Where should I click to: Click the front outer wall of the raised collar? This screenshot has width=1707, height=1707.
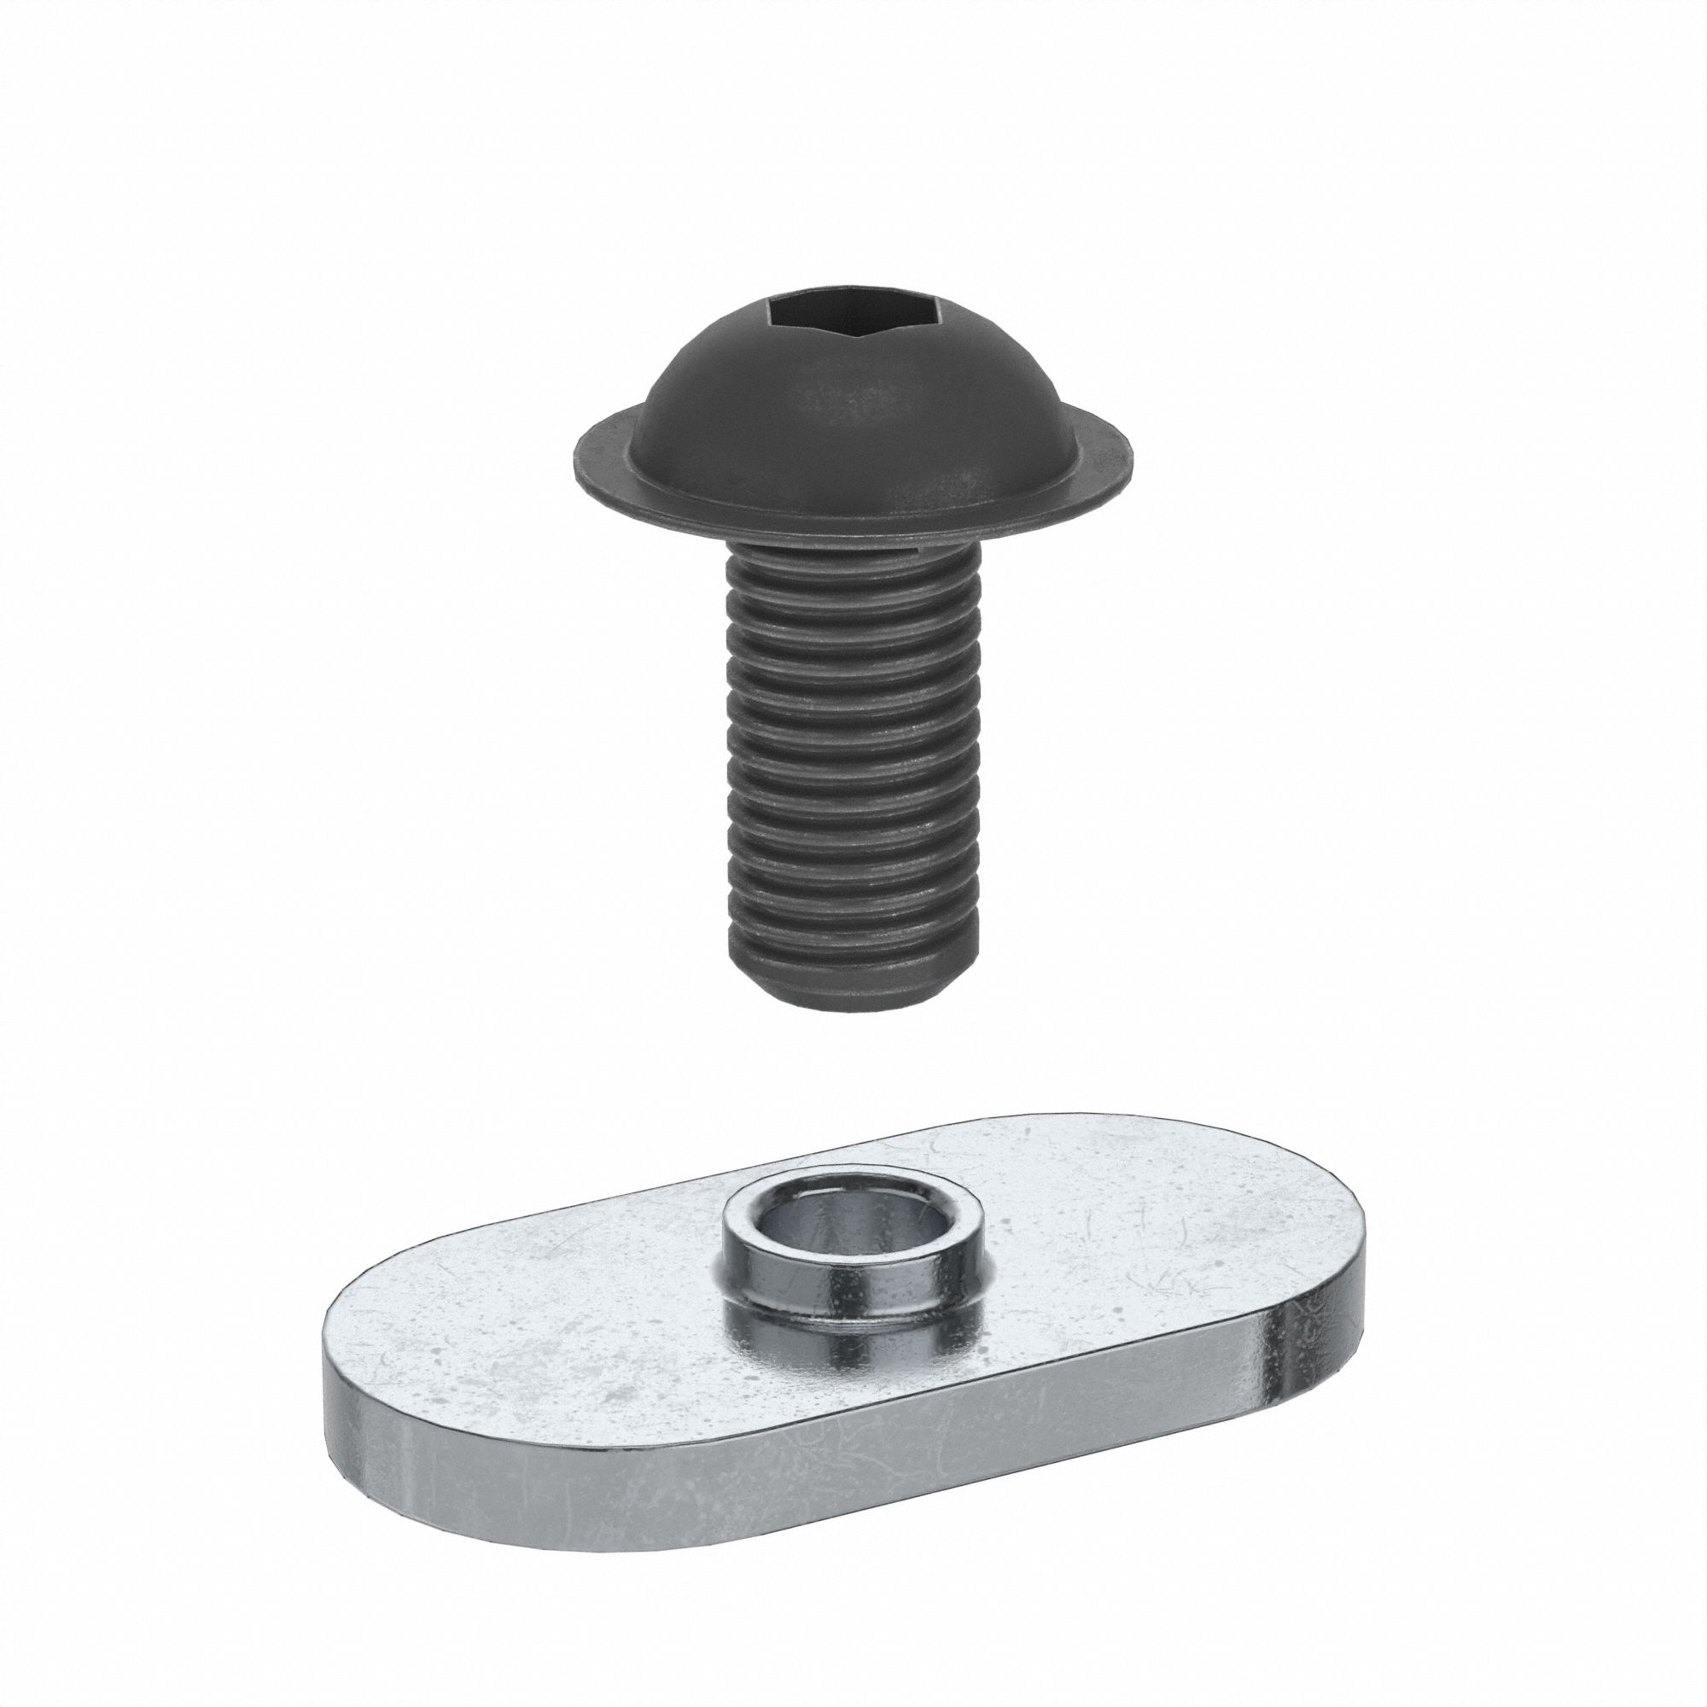click(x=853, y=1308)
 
